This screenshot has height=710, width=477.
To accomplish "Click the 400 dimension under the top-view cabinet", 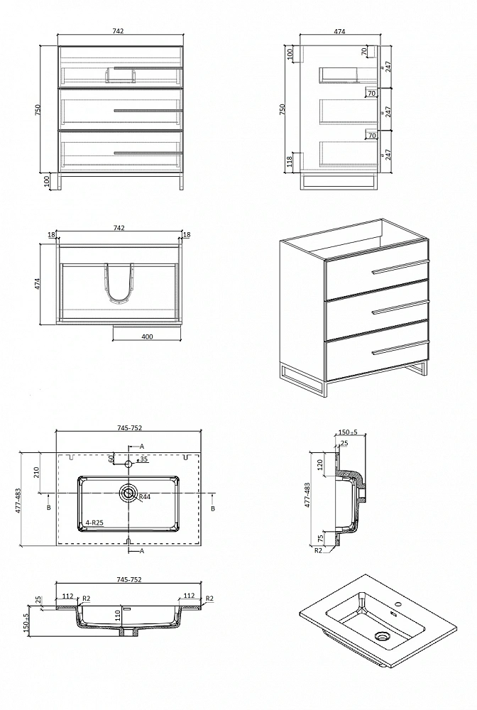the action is [147, 337].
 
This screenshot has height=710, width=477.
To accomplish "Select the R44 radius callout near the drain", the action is [145, 497].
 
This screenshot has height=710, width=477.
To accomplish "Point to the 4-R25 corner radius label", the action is [95, 523].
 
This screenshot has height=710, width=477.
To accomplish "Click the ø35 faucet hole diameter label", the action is [142, 459].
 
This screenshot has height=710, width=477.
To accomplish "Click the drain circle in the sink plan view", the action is [128, 493].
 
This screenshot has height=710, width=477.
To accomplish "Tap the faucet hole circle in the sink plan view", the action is [128, 464].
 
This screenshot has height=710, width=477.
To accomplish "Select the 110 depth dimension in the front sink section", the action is [118, 615].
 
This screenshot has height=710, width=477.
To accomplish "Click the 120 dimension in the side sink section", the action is [320, 464].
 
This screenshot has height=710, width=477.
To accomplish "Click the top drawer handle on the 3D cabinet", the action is [400, 267].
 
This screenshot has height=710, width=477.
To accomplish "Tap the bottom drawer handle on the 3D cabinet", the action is [400, 348].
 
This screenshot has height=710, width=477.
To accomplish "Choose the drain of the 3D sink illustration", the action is [383, 636].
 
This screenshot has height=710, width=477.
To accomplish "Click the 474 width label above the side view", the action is [339, 31].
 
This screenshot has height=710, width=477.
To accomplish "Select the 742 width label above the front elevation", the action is [118, 31].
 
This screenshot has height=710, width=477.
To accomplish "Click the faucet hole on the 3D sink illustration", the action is [398, 604].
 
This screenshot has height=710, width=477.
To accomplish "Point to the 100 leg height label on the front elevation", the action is [47, 181].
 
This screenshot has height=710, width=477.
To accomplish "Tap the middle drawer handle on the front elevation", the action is [148, 110].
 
